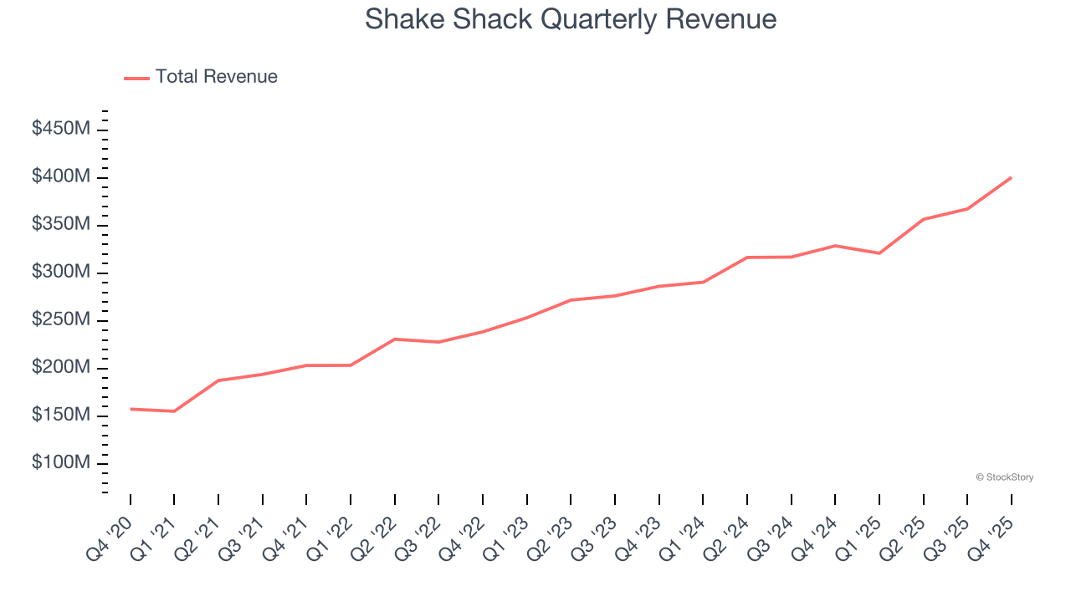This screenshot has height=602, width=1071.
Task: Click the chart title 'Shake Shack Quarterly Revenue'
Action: pyautogui.click(x=571, y=19)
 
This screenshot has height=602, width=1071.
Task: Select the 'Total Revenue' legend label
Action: pyautogui.click(x=216, y=77)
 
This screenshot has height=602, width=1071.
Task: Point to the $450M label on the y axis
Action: pyautogui.click(x=61, y=130)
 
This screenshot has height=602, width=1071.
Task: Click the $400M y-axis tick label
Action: pyautogui.click(x=61, y=177)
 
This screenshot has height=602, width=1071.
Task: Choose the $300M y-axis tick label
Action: pyautogui.click(x=61, y=273)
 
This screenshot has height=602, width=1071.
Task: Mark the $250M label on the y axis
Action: pyautogui.click(x=61, y=320)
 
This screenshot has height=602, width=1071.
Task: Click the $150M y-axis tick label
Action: pyautogui.click(x=61, y=416)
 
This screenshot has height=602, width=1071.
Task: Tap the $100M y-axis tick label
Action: pyautogui.click(x=61, y=463)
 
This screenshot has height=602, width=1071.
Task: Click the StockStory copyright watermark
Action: pyautogui.click(x=1004, y=477)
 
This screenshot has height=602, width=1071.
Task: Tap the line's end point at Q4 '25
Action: pyautogui.click(x=1011, y=177)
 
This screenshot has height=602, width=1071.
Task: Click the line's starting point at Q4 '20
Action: pyautogui.click(x=131, y=409)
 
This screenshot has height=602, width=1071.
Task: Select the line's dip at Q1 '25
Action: pyautogui.click(x=879, y=253)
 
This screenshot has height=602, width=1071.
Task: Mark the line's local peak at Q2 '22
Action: pyautogui.click(x=395, y=339)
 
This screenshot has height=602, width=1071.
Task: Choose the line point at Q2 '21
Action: pyautogui.click(x=218, y=380)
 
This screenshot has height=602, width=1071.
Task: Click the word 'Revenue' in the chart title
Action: pyautogui.click(x=721, y=19)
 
